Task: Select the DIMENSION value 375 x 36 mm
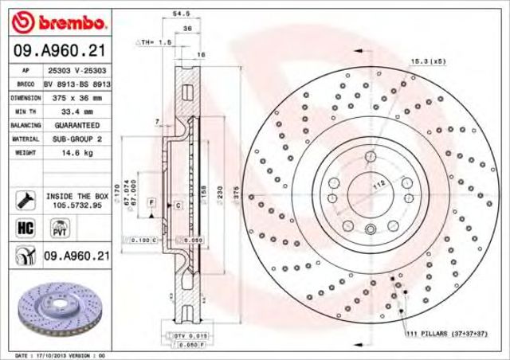[x=70, y=98]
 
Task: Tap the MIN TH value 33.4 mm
[x=70, y=112]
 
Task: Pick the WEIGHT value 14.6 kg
[x=70, y=153]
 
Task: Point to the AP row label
[x=25, y=71]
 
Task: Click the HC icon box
[x=23, y=228]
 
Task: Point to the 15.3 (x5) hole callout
[x=428, y=62]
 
